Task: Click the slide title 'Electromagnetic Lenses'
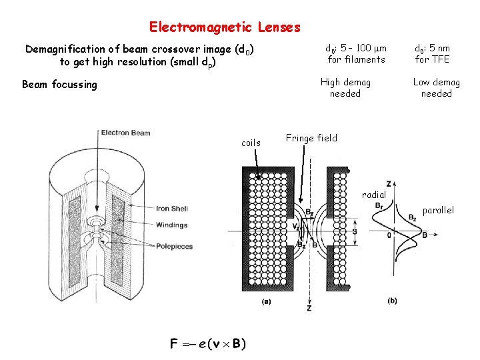tap(225, 27)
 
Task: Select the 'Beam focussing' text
tap(59, 85)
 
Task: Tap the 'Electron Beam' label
tap(125, 133)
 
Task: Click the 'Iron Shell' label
tap(172, 209)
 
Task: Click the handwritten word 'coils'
tap(251, 143)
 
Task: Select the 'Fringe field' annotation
tap(311, 138)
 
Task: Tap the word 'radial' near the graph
tap(374, 195)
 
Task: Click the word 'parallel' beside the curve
tap(437, 210)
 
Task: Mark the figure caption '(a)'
tap(266, 301)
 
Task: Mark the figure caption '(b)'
tap(391, 301)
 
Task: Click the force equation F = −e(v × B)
tap(207, 344)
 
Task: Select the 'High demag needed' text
tap(345, 88)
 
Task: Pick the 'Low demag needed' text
tap(436, 88)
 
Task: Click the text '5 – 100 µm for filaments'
tap(356, 54)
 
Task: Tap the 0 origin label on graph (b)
tap(388, 235)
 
